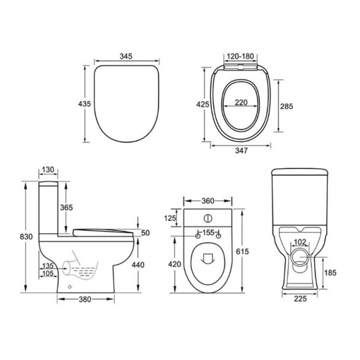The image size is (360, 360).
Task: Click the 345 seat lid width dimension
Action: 126,56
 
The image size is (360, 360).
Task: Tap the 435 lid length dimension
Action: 85,104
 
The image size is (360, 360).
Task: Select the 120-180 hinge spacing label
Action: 240,56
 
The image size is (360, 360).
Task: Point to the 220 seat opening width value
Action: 241,102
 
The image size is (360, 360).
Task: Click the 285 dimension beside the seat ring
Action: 286,106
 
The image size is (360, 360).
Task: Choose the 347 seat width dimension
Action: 241,151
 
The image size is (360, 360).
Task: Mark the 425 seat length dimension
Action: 203,105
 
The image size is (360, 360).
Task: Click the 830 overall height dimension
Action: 26,236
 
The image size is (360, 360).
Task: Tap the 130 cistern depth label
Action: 48,169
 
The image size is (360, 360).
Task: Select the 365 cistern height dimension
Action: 66,208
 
